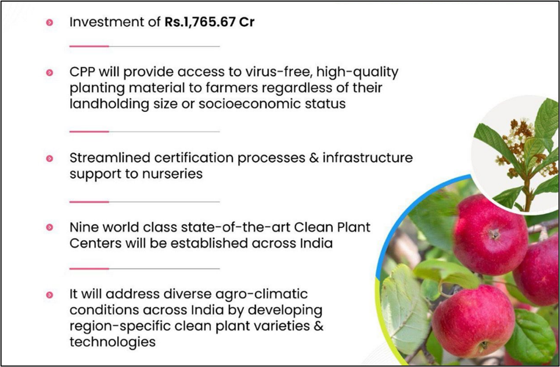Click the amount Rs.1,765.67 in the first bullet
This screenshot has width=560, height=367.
(x=200, y=22)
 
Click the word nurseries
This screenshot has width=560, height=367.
(x=172, y=174)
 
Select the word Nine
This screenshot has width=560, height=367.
(x=83, y=227)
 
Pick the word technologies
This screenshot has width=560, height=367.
(x=113, y=342)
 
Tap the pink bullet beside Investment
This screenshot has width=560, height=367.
(x=50, y=23)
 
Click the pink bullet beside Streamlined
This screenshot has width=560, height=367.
(x=50, y=158)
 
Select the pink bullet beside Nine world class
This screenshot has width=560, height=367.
(x=50, y=227)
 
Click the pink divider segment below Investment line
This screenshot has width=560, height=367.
(x=89, y=46)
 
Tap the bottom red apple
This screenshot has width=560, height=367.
(x=473, y=321)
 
